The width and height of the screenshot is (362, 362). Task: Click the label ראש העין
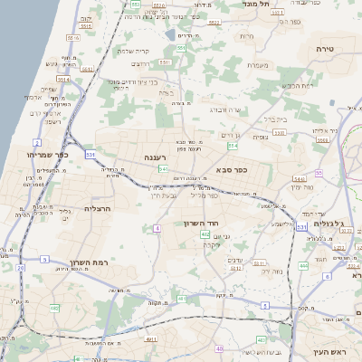click(337, 351)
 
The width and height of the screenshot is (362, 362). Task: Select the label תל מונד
click(258, 5)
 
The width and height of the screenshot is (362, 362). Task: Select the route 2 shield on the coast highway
click(37, 143)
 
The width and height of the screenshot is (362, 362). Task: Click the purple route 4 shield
click(157, 229)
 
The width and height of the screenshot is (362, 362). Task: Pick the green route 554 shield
click(233, 145)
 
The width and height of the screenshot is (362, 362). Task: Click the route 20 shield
click(20, 268)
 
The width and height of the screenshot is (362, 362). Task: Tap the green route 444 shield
click(302, 265)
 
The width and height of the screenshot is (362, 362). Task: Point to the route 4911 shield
click(149, 338)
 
